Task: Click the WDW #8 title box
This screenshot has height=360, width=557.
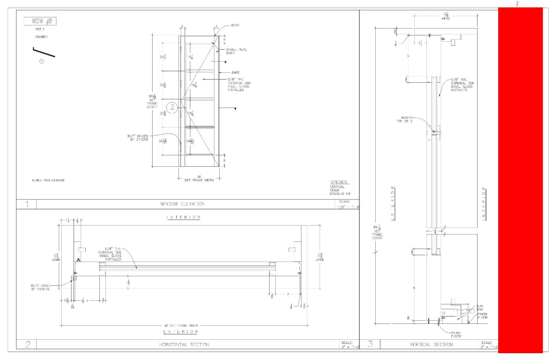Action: [x=40, y=21]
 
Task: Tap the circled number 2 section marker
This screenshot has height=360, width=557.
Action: [x=172, y=108]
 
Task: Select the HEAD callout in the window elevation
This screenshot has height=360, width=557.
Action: [x=235, y=25]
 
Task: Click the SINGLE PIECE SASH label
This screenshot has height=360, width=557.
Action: [x=236, y=51]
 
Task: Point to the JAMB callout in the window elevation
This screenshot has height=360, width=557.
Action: [x=235, y=72]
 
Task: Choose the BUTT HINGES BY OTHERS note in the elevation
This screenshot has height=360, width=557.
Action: [x=138, y=138]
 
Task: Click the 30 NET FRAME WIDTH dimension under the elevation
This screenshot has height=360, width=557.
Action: [x=199, y=178]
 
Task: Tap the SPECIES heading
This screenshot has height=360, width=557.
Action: [x=340, y=182]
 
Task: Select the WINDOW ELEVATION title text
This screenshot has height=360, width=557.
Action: [x=183, y=204]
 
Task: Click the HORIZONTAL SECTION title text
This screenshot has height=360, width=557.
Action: [x=184, y=345]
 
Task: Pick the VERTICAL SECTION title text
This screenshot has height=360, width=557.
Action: [x=431, y=345]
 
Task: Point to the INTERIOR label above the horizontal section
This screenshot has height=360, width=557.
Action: [x=184, y=217]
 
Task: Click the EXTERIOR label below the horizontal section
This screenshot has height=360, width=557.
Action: [x=181, y=332]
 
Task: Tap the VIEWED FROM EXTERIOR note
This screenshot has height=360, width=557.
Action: [x=48, y=180]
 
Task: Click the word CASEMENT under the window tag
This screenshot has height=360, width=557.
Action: [x=41, y=37]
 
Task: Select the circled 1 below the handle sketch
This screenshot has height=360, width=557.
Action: [x=41, y=62]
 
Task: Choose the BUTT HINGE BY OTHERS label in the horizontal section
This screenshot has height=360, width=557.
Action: [x=40, y=287]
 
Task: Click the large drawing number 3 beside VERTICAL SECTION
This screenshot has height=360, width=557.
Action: [x=370, y=344]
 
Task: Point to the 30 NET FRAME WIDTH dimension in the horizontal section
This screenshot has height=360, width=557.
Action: [x=181, y=325]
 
